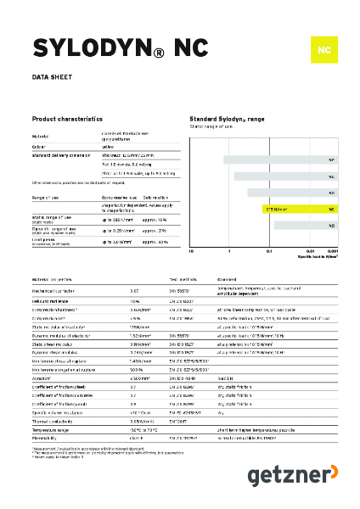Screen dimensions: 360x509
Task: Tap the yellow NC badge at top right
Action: [323, 50]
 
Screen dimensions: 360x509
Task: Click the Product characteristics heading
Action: [72, 120]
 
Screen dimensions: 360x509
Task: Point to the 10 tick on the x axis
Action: [191, 252]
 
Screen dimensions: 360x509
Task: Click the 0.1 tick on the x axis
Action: [270, 252]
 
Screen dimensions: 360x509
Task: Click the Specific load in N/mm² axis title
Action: [322, 257]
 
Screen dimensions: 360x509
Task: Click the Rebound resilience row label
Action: [52, 300]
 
